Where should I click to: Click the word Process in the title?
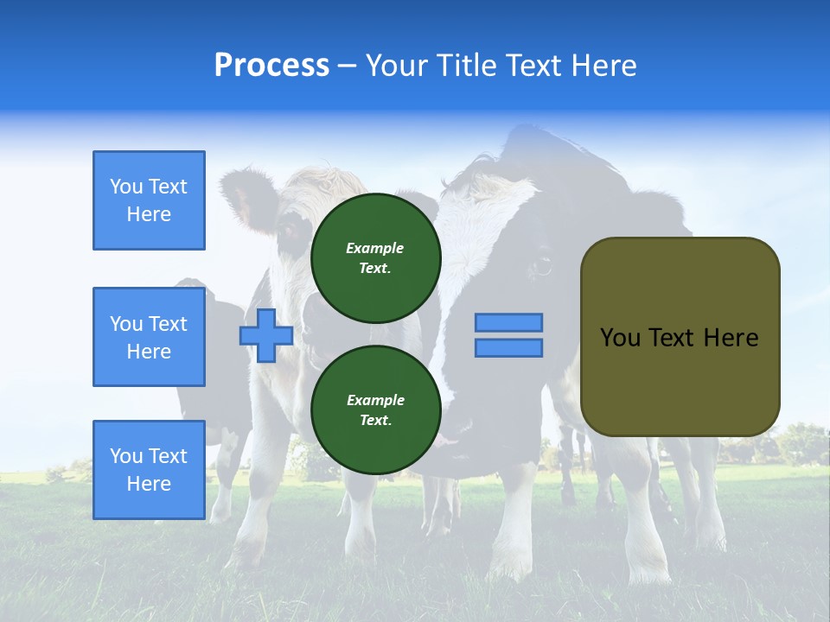click(x=271, y=66)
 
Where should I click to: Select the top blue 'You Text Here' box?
click(x=149, y=200)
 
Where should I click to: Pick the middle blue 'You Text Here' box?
click(x=149, y=337)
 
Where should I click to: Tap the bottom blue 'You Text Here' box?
click(x=149, y=470)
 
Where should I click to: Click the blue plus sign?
click(x=266, y=335)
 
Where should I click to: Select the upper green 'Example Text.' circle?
click(x=375, y=257)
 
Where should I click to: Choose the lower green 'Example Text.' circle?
click(x=375, y=410)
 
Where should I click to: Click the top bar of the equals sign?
click(x=508, y=322)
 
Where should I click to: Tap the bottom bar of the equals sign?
click(x=508, y=348)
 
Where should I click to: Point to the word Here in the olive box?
click(x=731, y=338)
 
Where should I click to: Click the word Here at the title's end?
click(x=605, y=66)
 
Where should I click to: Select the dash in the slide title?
click(x=347, y=66)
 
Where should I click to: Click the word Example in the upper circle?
click(x=375, y=248)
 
